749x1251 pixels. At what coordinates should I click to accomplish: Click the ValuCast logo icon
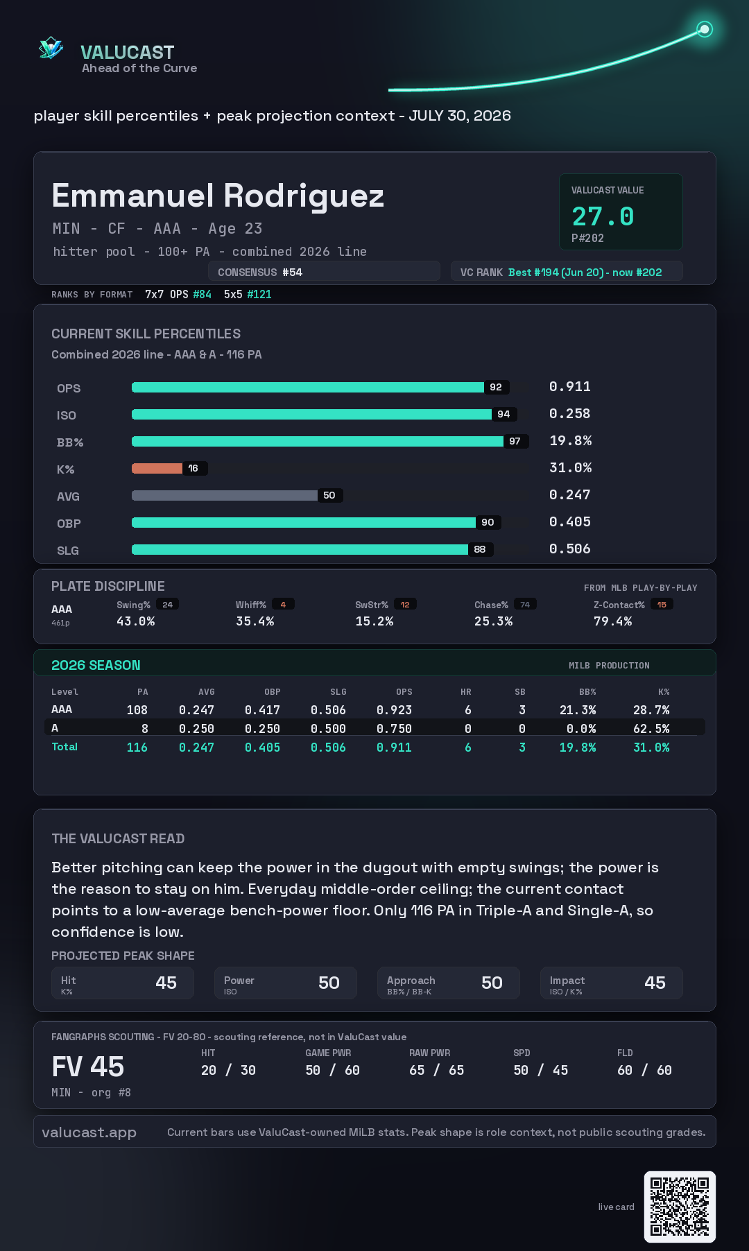pos(51,48)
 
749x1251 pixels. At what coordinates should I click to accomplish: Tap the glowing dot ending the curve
pos(705,29)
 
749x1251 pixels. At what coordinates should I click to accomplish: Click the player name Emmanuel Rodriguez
pos(218,196)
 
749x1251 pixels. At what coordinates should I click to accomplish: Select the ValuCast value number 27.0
pos(603,216)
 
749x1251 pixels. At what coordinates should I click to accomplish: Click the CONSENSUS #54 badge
pos(324,272)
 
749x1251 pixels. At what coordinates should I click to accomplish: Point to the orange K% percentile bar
pos(157,468)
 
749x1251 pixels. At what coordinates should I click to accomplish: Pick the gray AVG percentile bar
pos(225,495)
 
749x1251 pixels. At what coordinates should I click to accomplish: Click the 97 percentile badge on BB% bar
pos(515,441)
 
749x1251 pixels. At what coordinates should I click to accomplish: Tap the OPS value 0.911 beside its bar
pos(570,386)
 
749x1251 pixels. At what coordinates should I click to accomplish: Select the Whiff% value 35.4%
pos(255,621)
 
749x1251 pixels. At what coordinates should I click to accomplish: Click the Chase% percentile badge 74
pos(525,605)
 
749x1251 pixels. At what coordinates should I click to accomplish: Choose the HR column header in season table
pos(466,692)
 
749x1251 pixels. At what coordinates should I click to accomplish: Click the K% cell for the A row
pos(651,729)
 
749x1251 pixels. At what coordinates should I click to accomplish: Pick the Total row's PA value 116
pos(137,748)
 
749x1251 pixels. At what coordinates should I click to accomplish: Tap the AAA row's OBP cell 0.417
pos(262,710)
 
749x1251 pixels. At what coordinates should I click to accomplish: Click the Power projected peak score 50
pos(329,983)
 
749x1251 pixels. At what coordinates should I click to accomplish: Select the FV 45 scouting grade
pos(88,1067)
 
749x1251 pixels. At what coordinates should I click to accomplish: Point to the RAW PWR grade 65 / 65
pos(437,1070)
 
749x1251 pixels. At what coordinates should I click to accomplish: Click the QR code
pos(680,1207)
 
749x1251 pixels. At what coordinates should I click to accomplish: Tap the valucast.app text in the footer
pos(89,1132)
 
